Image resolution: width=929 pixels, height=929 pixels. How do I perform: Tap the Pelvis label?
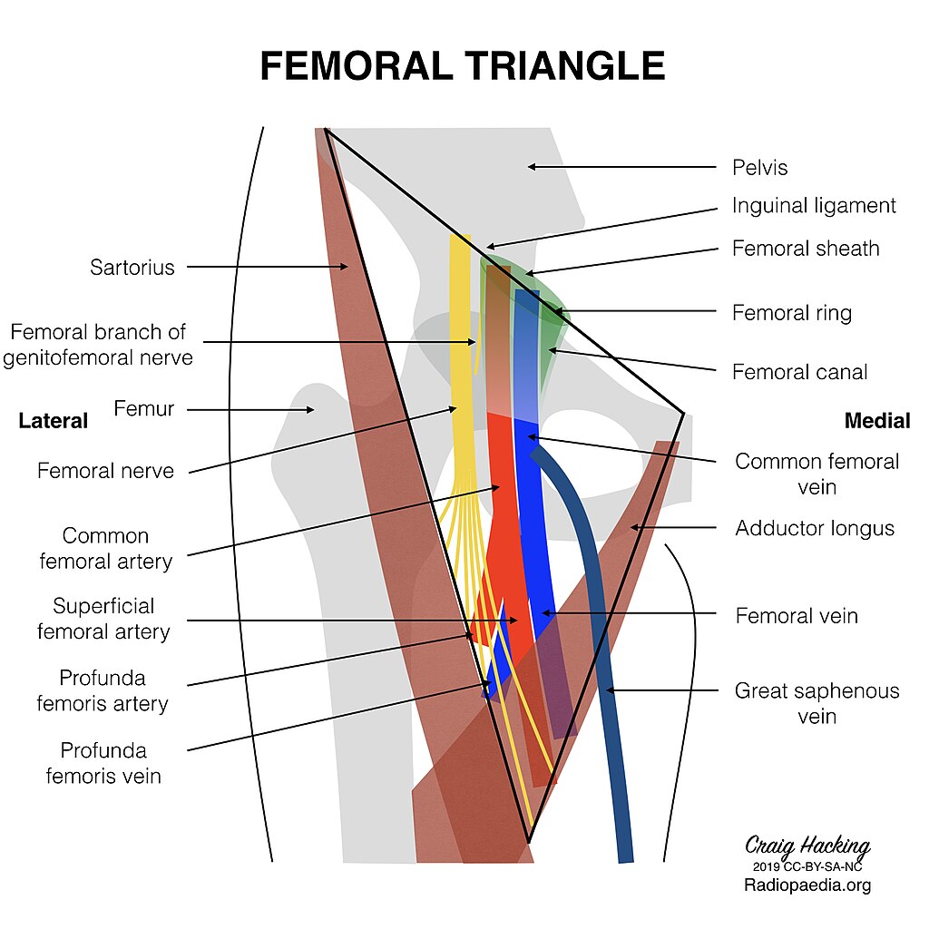(759, 168)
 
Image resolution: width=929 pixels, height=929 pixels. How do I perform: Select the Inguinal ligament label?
(814, 206)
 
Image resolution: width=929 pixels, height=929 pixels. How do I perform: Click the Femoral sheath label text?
(806, 249)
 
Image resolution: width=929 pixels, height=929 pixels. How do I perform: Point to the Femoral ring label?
(791, 314)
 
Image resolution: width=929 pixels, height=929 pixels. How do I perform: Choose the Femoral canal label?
(799, 372)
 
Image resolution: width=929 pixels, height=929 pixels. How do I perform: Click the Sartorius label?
(132, 268)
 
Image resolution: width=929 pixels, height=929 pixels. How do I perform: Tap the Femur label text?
(143, 409)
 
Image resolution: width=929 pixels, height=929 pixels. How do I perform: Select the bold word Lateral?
(54, 421)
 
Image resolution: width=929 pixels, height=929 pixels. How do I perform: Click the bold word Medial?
(876, 421)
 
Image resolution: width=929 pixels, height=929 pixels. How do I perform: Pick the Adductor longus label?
(815, 528)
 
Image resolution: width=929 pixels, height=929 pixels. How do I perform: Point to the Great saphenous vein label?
(817, 703)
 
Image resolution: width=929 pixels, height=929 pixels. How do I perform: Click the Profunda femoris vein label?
(103, 763)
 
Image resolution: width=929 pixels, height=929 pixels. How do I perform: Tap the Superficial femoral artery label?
(103, 619)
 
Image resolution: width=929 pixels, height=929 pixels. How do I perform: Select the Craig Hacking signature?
(807, 846)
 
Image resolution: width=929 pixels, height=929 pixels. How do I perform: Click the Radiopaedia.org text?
(807, 885)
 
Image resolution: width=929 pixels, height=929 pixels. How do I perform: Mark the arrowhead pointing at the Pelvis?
(533, 167)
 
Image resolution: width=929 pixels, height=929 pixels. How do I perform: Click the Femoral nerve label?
(105, 472)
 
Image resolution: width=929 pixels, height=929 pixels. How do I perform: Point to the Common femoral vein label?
(817, 474)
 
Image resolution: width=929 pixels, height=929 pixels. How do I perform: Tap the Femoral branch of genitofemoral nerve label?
(98, 345)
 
